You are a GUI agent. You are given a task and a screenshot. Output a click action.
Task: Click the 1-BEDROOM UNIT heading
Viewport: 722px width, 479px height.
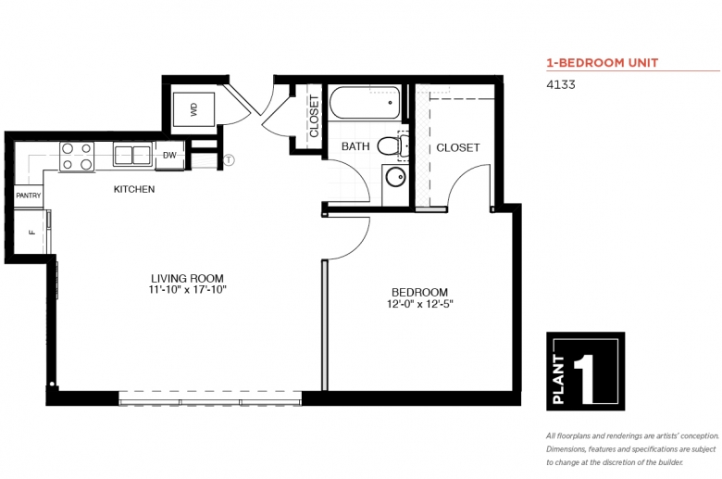603,63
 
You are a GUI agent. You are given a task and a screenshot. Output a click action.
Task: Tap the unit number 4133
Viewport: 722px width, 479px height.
561,85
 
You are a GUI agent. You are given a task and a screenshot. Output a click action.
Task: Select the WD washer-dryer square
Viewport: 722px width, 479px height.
193,109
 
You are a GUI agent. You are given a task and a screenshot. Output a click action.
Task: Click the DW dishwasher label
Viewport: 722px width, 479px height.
169,156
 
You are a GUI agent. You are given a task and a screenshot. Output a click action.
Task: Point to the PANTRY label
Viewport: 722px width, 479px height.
29,195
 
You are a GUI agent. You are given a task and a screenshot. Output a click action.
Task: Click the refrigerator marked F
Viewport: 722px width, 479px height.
31,232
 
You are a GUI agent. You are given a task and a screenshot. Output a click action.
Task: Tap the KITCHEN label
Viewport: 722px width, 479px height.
134,189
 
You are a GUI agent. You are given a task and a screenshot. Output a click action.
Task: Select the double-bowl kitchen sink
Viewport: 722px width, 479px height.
133,154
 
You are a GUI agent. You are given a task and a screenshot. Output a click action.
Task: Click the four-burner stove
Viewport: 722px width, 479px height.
77,157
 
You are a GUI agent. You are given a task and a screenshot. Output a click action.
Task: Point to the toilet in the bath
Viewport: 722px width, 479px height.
392,146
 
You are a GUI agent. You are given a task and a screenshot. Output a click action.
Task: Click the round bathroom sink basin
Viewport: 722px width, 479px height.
395,177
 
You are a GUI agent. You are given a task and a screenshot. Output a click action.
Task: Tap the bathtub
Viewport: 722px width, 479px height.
364,103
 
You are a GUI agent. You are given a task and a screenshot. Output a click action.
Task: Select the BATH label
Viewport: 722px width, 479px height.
355,146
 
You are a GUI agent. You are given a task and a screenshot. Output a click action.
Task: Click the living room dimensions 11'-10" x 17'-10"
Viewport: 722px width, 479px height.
187,290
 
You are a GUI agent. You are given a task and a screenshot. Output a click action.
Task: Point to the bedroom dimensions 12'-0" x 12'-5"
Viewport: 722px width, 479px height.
420,304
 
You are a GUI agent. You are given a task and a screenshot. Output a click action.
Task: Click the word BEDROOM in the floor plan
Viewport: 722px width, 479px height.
419,292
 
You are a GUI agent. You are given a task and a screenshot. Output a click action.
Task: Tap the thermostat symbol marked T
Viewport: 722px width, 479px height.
229,160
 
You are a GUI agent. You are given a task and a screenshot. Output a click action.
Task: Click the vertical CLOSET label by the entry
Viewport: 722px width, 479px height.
315,116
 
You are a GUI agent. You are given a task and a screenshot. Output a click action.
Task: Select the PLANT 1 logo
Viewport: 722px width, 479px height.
586,372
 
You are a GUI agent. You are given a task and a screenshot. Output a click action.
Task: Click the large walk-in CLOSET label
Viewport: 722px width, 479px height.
457,147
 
